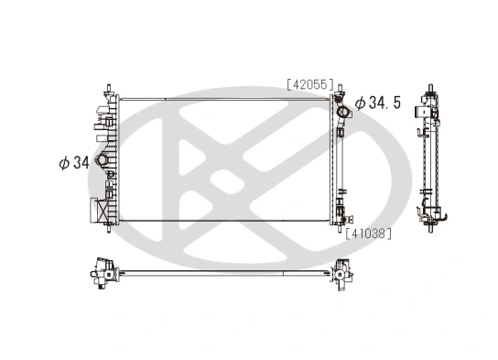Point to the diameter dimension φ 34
click(73, 163)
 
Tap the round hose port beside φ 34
click(103, 163)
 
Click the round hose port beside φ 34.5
click(342, 114)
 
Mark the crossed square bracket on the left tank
click(94, 210)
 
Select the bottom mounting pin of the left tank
click(107, 229)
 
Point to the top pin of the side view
click(428, 92)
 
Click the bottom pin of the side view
click(428, 229)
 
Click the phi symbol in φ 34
click(64, 163)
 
